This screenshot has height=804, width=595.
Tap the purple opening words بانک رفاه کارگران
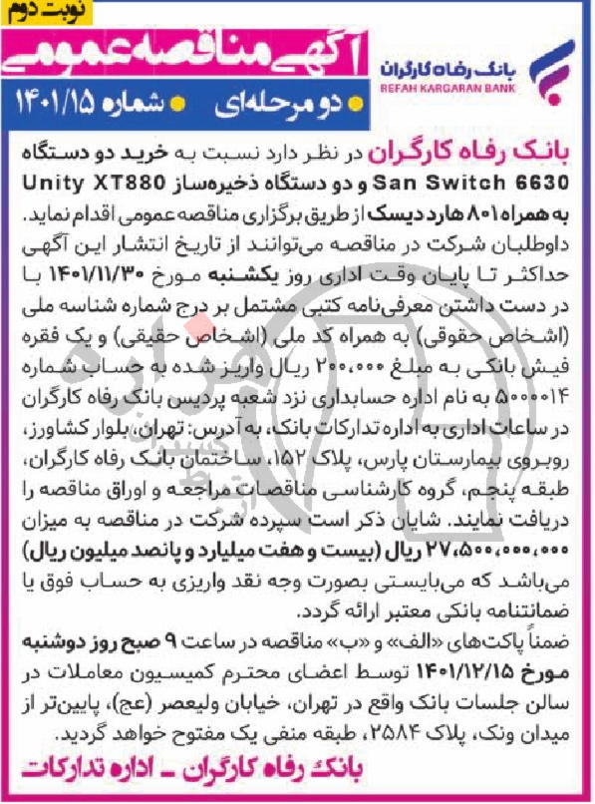click(469, 159)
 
